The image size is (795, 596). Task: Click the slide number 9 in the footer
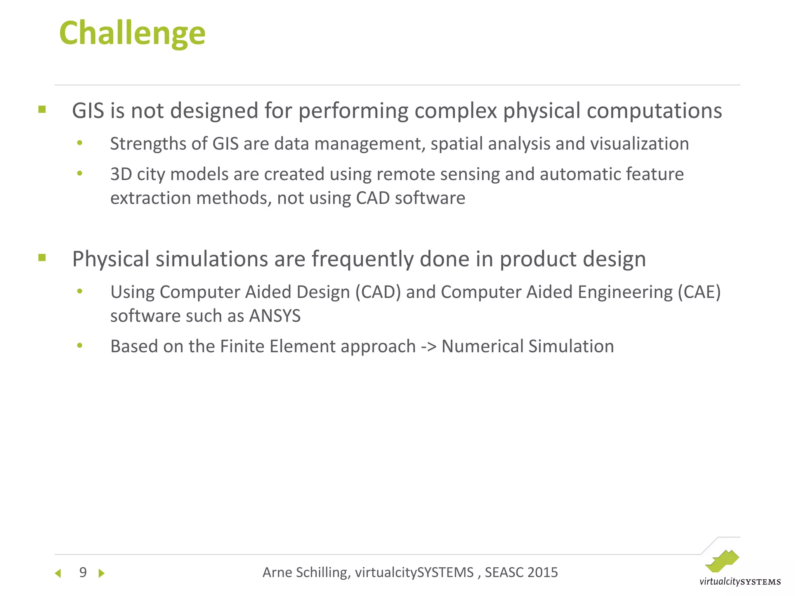coord(83,572)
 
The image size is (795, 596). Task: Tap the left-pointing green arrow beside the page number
coord(58,573)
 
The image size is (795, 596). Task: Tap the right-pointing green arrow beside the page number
coord(102,573)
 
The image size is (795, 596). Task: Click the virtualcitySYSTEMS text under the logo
coord(740,582)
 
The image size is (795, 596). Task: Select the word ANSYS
coord(275,316)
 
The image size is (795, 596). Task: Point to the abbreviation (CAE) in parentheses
coord(699,292)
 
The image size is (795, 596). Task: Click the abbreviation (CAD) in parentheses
coord(378,292)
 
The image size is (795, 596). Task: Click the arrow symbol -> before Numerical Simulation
coord(429,347)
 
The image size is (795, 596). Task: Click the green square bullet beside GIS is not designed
coord(42,109)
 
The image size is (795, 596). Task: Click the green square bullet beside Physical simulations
coord(42,258)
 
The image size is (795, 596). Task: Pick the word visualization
coord(639,144)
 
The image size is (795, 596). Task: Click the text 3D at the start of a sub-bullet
coord(121,174)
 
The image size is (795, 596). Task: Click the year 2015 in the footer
coord(542,572)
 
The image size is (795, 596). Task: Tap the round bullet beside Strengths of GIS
coord(80,143)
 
